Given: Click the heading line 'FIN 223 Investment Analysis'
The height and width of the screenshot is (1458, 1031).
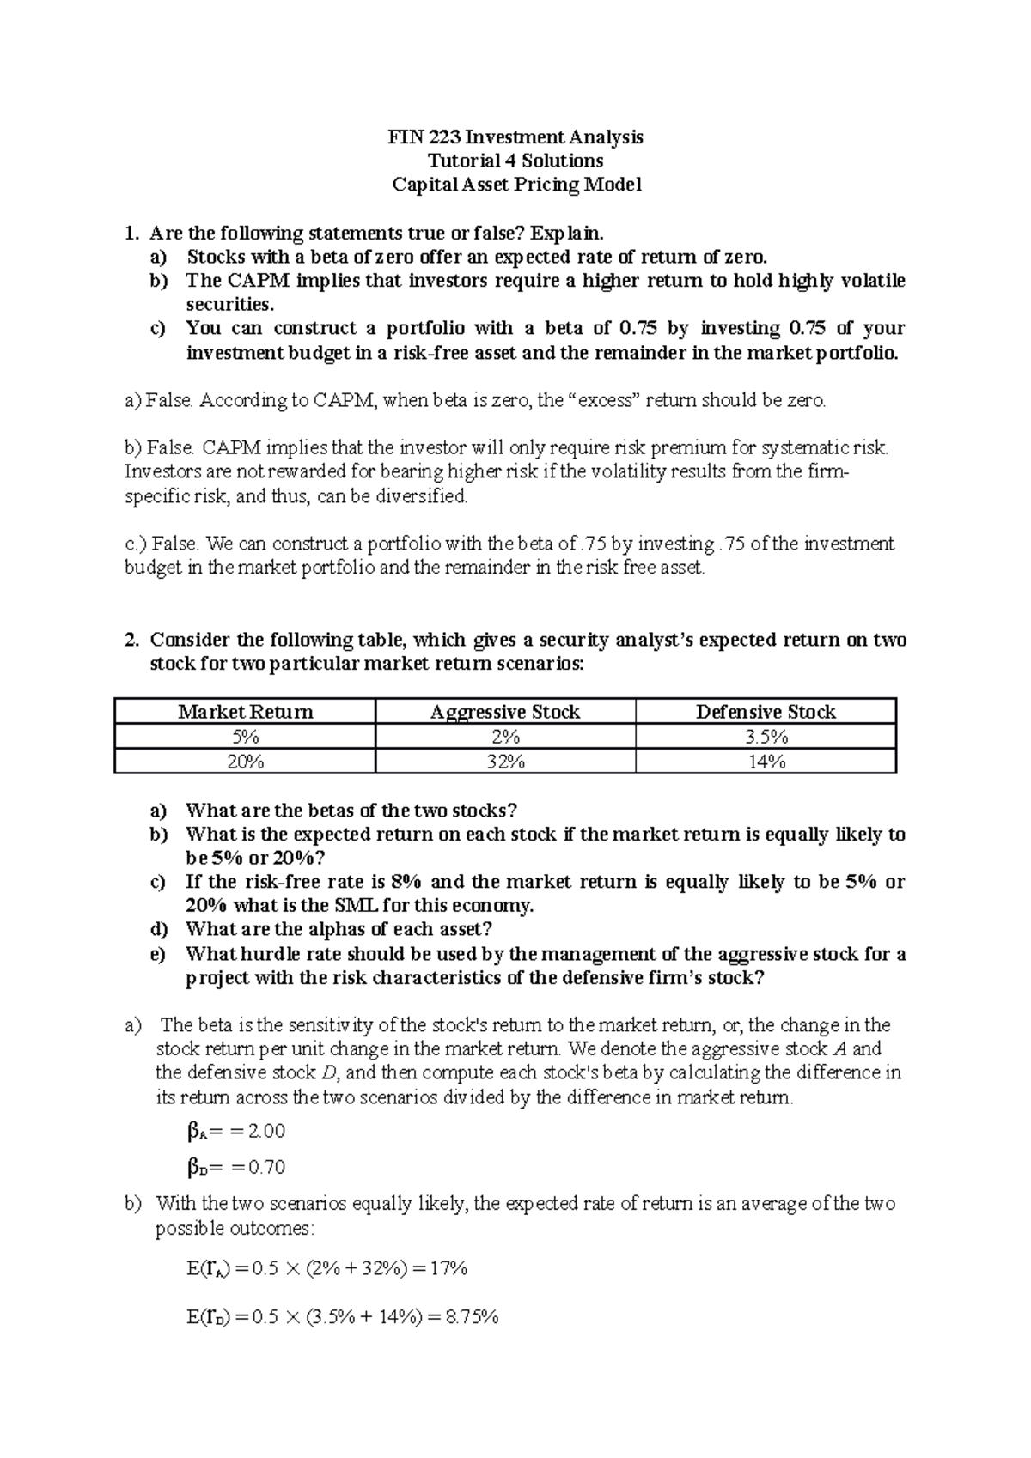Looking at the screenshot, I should coord(515,137).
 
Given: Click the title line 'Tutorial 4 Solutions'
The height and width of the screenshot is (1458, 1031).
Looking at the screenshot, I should coord(515,161).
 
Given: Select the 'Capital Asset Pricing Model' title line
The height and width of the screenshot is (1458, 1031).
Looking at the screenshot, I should coord(515,185).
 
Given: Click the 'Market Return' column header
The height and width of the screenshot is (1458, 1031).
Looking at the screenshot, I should coord(245,712).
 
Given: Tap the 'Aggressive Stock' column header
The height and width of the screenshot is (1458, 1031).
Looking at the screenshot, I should coord(505,712).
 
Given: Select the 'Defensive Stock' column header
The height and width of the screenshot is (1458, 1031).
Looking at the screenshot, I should coord(766,712).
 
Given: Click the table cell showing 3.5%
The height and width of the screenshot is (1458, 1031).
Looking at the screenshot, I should coord(766,737).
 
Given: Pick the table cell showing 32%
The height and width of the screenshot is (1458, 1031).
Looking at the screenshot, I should coord(505,762).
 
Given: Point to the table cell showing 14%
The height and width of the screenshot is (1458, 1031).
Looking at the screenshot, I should coord(766,762).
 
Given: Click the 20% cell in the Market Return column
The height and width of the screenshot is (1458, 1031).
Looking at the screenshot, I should coord(245,762).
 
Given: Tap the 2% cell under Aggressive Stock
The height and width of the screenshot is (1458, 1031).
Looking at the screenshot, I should coord(505,737).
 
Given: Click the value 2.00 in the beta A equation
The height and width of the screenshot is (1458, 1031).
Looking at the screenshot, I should coord(265,1131).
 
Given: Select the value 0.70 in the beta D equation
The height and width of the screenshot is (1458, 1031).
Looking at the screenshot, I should coord(265,1167).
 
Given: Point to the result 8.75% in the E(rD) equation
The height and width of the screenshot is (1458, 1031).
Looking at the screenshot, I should coord(467,1317).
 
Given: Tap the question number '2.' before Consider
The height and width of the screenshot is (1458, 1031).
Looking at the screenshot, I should coord(131,641).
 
